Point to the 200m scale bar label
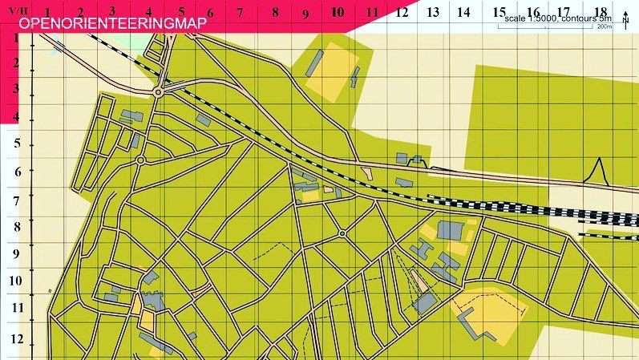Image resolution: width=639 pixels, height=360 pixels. [x=604, y=26]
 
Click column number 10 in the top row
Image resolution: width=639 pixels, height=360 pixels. [x=338, y=12]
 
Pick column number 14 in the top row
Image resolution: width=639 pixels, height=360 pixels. [x=463, y=12]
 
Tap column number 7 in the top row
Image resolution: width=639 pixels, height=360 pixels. [x=239, y=12]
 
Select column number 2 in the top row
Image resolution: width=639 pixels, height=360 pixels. [x=81, y=12]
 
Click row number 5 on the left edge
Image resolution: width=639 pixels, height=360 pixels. [x=17, y=145]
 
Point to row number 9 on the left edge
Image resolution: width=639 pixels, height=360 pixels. [x=17, y=254]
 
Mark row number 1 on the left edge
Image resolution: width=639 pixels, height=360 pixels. [x=17, y=38]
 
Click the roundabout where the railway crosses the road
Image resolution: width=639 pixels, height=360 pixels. [x=158, y=92]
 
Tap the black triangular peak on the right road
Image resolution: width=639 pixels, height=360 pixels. [x=597, y=169]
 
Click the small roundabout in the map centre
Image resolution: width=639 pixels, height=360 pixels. [x=342, y=234]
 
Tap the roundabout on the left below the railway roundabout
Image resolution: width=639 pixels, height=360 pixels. [x=140, y=160]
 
